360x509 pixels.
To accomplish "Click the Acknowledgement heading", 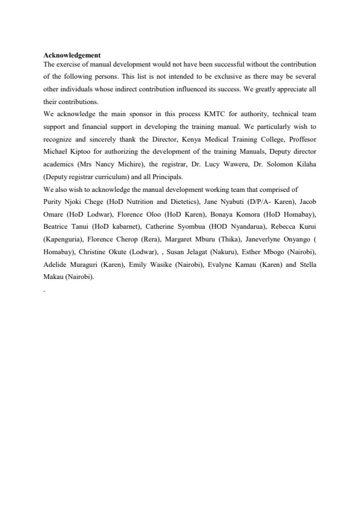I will click(x=72, y=56).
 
